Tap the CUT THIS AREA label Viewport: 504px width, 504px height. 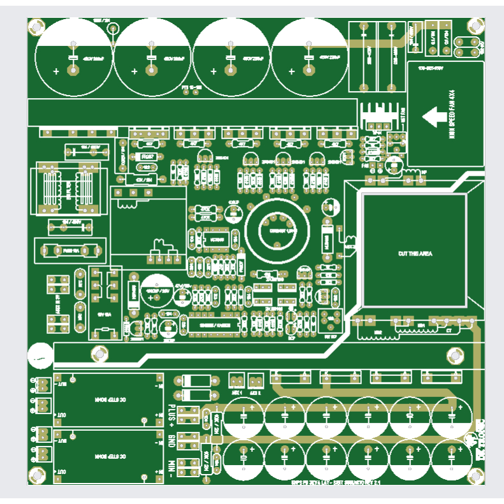tap(415, 254)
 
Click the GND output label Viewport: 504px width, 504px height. tap(171, 440)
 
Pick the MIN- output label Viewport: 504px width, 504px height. tap(171, 466)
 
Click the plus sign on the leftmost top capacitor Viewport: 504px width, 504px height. tap(56, 71)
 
